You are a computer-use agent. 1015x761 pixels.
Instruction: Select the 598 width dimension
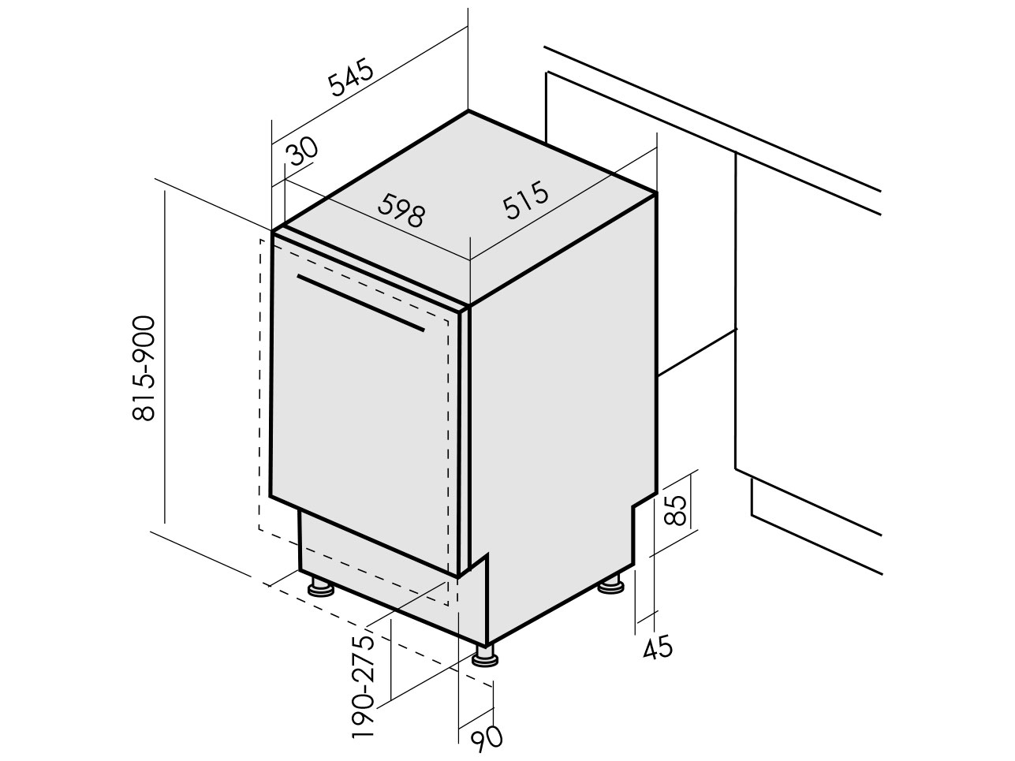pos(401,210)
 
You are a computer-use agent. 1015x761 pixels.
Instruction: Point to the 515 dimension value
pos(526,200)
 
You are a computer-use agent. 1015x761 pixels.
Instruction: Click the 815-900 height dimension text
pos(143,368)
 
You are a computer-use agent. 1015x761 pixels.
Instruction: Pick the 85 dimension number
pos(675,510)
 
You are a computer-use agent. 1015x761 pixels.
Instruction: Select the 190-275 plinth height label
pos(363,693)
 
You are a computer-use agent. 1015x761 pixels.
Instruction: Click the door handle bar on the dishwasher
pos(360,303)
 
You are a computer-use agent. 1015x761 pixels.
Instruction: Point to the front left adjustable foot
pos(321,588)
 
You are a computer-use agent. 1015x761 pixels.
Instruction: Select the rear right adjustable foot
pos(611,584)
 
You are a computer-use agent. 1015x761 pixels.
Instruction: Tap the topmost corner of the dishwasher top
pos(468,111)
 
